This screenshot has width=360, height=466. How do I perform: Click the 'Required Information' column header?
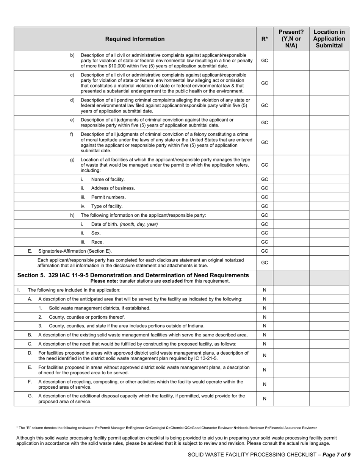[x=135, y=39]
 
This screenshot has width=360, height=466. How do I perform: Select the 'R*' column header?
[x=265, y=39]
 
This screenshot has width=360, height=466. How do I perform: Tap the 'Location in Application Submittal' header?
[x=329, y=39]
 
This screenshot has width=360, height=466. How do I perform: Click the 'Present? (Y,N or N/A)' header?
[x=291, y=39]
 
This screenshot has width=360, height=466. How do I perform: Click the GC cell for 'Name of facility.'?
[x=265, y=179]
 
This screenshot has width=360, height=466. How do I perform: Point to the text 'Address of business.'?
[x=113, y=188]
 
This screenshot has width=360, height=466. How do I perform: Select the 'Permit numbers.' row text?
[x=108, y=197]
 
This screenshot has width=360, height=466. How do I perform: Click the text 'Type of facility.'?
[x=107, y=206]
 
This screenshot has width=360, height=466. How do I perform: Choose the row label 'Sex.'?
[x=96, y=233]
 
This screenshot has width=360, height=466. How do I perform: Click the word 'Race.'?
[x=97, y=242]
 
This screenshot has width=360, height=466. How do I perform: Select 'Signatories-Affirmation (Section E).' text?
[x=75, y=251]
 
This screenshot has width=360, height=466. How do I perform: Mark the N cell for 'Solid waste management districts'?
[x=265, y=308]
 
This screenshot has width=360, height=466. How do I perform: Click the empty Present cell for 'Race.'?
[x=291, y=242]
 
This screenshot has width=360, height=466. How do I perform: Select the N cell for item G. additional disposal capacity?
[x=265, y=399]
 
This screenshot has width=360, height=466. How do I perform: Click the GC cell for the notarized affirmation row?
[x=265, y=263]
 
